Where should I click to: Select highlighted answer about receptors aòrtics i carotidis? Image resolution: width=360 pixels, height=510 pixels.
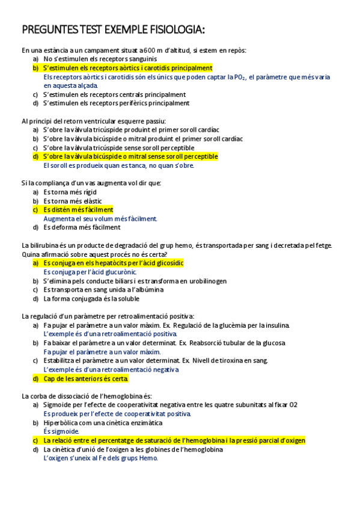pos(127,68)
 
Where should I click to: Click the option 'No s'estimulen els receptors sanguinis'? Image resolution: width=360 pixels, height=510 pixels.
pos(100,60)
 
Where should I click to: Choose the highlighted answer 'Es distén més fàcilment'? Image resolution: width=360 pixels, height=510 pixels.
pos(78,210)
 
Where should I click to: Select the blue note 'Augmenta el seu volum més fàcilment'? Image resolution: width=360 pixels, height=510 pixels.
pos(100,219)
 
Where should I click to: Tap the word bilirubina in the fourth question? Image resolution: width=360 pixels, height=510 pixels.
pos(46,245)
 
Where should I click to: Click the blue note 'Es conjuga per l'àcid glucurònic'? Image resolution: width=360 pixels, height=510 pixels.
pos(90,272)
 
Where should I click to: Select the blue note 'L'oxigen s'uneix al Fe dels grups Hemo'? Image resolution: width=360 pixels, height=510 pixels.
pos(100,458)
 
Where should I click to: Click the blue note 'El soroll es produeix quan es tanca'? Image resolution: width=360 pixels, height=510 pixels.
pos(118,165)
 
